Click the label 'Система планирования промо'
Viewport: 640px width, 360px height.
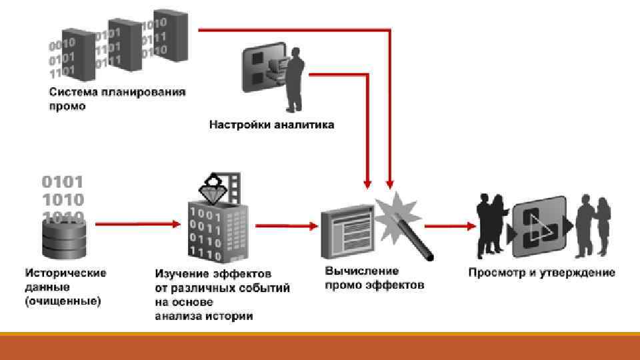pos(117,99)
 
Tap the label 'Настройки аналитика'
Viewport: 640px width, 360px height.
pos(272,125)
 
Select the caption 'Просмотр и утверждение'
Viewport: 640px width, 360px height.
pos(541,273)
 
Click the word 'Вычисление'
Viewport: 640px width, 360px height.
pos(362,271)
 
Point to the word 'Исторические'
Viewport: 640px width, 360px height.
pos(65,273)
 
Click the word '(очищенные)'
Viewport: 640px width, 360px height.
pos(63,301)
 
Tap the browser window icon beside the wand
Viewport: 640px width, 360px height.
pos(347,233)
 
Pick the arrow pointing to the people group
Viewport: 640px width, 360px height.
pos(450,226)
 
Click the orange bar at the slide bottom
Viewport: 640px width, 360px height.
pos(320,346)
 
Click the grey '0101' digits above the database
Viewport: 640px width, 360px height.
pos(63,181)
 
